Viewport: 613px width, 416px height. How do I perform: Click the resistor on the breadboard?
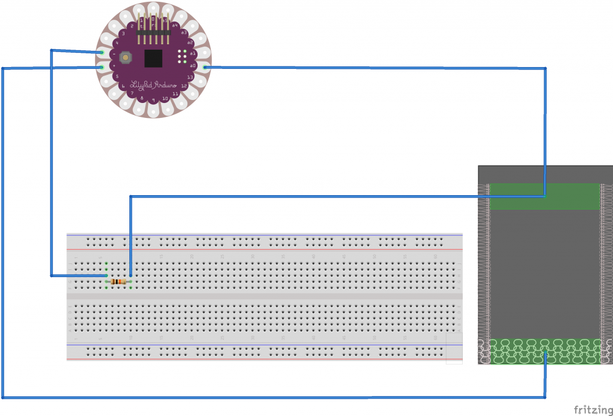click(x=119, y=281)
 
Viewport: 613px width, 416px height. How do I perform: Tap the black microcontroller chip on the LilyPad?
click(x=153, y=58)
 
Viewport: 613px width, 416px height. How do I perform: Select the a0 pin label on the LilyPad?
click(x=193, y=65)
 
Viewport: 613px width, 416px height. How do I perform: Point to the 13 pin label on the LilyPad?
click(x=190, y=77)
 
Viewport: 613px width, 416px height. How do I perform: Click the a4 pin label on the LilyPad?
click(x=175, y=25)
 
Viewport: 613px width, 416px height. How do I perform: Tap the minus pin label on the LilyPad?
click(x=113, y=53)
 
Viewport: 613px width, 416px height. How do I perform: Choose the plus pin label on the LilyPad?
click(x=113, y=65)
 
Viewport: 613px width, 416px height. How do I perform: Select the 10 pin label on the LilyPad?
click(x=165, y=98)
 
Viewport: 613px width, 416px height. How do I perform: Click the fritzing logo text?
click(x=592, y=409)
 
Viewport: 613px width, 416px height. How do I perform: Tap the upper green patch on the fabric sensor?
click(x=544, y=196)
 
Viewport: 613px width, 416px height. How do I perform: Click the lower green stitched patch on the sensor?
click(x=544, y=351)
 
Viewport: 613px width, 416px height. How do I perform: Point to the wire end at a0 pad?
click(x=205, y=68)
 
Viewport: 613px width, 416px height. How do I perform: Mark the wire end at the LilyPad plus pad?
click(x=101, y=67)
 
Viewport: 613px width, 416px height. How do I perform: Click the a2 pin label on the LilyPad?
click(x=190, y=42)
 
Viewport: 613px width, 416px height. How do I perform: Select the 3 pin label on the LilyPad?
click(x=123, y=34)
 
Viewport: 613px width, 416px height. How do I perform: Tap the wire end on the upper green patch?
click(x=544, y=195)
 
